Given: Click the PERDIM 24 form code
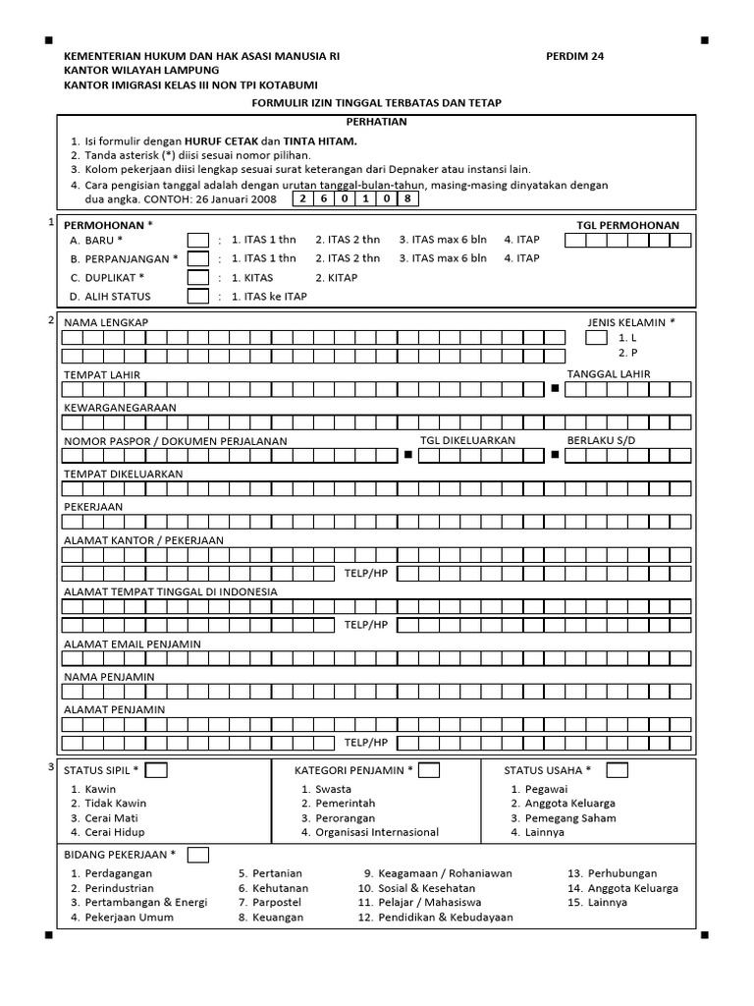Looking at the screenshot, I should (574, 56).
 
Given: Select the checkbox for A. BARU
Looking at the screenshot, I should (198, 240).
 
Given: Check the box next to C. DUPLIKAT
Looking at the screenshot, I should (198, 278).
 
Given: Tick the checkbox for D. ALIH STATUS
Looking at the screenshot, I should (198, 297).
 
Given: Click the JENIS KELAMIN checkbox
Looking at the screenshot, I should (596, 338).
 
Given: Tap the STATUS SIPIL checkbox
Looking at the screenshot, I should (156, 770).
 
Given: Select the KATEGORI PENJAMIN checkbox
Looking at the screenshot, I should (428, 770).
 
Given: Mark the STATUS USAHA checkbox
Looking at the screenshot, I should (617, 770).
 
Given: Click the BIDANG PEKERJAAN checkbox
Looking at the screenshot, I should (198, 855).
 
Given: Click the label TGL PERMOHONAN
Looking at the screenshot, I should (627, 225).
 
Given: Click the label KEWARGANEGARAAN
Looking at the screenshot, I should (120, 407).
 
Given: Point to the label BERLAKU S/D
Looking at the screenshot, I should (601, 440).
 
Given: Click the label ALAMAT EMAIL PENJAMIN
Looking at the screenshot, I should (132, 643).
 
